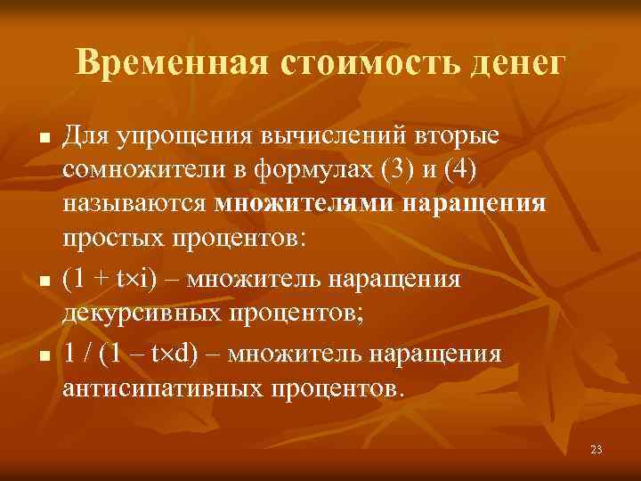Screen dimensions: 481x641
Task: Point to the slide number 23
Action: click(596, 450)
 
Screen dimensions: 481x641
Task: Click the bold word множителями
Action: click(304, 203)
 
